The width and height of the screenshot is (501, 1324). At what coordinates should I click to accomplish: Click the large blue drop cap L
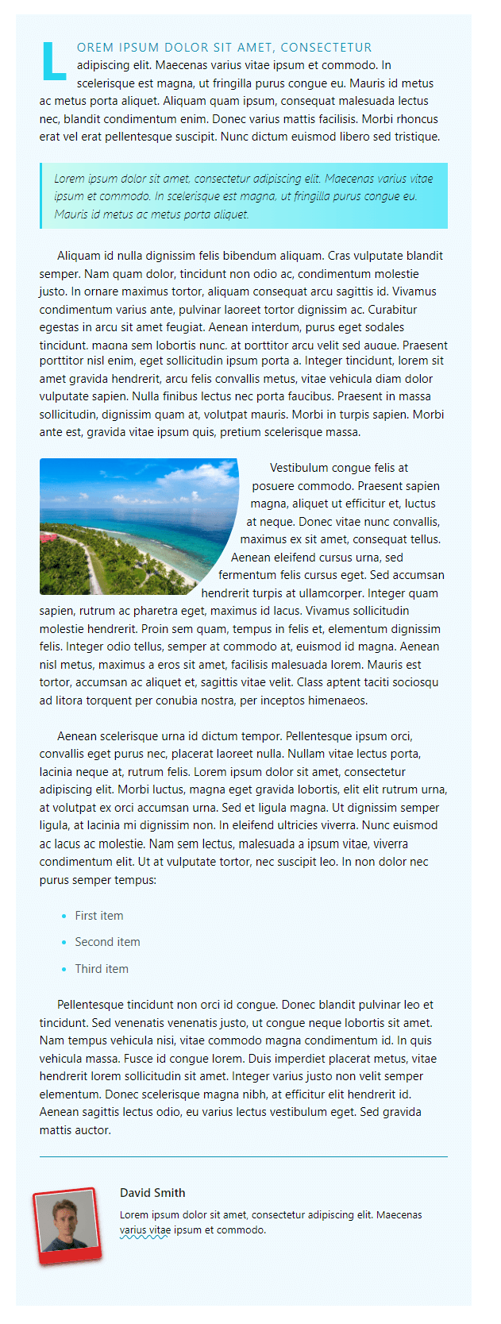(x=53, y=61)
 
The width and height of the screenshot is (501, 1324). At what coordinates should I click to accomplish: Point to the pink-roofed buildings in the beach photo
(x=49, y=538)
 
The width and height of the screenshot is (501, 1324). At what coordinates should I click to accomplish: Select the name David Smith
(x=152, y=1192)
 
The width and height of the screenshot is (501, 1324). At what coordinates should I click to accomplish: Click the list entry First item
(x=99, y=916)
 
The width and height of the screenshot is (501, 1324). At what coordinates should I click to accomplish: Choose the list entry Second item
(x=107, y=942)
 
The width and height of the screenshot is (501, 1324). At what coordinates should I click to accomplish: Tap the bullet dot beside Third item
(x=64, y=969)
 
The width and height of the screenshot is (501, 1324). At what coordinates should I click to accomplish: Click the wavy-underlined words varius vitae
(x=145, y=1230)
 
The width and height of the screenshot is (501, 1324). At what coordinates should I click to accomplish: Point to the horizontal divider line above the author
(x=243, y=1157)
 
